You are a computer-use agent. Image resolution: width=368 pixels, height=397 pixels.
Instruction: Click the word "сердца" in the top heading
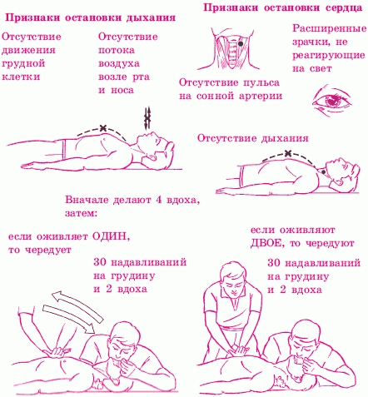[343, 7]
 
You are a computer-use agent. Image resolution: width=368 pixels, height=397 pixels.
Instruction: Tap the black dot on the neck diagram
[241, 43]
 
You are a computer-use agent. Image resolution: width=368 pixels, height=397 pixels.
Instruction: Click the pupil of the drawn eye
[331, 100]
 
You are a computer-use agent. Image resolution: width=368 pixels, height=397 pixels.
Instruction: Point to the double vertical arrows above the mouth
[147, 118]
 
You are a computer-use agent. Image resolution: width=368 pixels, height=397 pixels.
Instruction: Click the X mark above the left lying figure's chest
[103, 128]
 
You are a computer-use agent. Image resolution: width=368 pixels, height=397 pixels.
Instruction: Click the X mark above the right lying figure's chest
[289, 153]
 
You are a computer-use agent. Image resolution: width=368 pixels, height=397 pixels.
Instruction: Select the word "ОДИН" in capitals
[111, 236]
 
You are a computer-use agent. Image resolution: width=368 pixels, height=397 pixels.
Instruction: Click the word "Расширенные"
[330, 29]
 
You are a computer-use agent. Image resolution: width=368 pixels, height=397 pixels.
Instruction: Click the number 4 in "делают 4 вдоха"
[159, 200]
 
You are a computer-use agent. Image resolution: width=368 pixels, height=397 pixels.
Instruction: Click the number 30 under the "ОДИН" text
[100, 262]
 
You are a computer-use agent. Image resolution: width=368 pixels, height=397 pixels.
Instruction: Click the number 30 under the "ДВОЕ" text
[274, 262]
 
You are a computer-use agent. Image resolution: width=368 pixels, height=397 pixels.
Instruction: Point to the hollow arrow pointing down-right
[69, 319]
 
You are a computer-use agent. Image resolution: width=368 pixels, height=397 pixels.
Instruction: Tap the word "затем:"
[82, 214]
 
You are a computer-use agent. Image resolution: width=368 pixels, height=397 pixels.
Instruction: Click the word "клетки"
[21, 77]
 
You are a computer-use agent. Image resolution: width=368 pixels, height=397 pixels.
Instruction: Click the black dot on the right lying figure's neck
[324, 172]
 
